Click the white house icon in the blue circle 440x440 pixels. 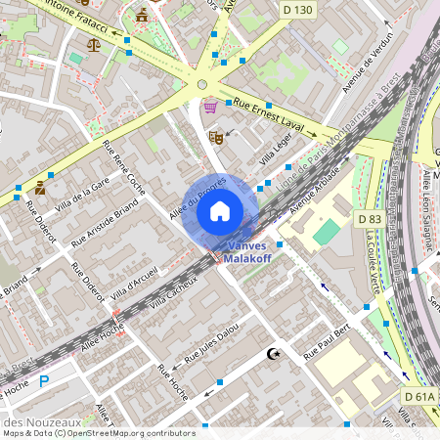coord(220,211)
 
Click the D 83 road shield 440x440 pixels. coord(369,220)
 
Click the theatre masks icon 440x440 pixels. coord(216,139)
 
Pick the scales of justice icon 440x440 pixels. coord(94,43)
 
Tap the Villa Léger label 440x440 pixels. coord(276,152)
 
